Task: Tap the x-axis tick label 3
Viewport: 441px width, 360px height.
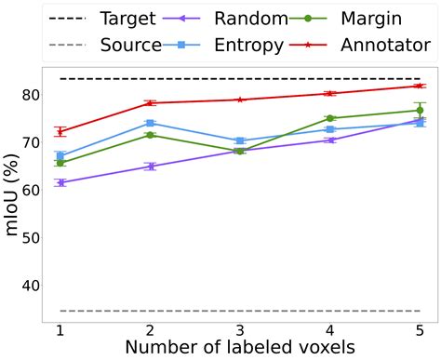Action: tap(240, 332)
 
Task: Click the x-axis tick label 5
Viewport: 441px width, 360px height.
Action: tap(420, 332)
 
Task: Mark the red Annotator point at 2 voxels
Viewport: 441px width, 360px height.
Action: tap(150, 103)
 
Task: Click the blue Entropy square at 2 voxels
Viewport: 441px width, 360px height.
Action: tap(150, 123)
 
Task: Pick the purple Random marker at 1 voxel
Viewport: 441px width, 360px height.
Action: tap(60, 182)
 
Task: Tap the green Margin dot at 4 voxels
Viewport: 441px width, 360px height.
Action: tap(329, 118)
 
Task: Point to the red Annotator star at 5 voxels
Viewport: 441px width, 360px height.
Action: tap(420, 86)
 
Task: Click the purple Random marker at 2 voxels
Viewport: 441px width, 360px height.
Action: tap(150, 167)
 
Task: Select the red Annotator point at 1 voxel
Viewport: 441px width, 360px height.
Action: tap(60, 132)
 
